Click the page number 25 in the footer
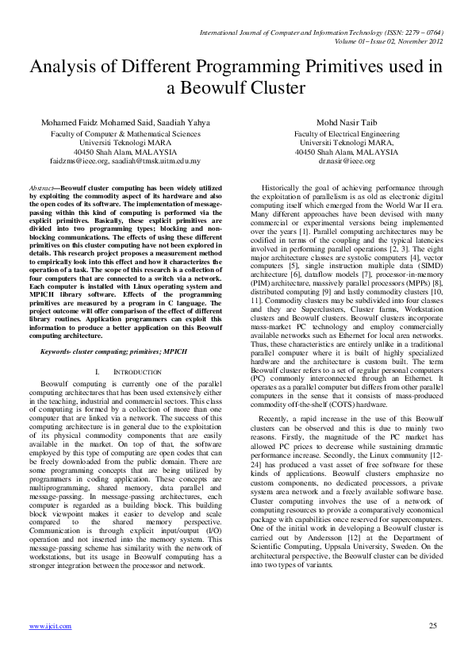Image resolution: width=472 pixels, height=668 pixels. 433,627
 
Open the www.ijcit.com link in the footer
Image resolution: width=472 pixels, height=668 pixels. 50,627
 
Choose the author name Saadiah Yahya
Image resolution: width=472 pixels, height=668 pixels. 185,123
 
